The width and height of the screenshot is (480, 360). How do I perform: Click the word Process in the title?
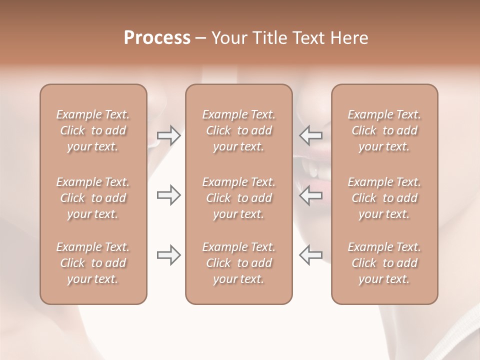(x=157, y=38)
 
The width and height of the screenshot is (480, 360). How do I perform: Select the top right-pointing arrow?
(x=169, y=136)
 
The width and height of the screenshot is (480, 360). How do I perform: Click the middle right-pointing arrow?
(x=169, y=195)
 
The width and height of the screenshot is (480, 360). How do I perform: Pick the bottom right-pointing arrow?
(x=169, y=255)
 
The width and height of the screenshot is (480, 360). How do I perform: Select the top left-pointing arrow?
(x=310, y=135)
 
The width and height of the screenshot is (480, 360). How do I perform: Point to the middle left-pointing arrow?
(x=310, y=195)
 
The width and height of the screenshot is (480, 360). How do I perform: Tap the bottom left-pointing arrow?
(x=310, y=255)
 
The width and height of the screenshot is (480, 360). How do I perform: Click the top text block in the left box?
(x=93, y=130)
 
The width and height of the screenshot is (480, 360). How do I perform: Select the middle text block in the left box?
(x=93, y=198)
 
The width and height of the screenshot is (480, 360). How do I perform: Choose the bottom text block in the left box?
(x=93, y=263)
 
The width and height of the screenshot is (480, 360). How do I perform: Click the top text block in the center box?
(x=239, y=130)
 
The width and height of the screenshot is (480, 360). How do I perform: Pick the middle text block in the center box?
(x=239, y=198)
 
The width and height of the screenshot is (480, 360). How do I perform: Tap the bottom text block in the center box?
(x=239, y=263)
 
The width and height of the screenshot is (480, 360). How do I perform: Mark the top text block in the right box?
(x=384, y=130)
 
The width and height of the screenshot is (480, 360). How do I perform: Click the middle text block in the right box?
(x=384, y=198)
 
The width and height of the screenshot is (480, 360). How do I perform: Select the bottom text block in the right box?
(x=384, y=263)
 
